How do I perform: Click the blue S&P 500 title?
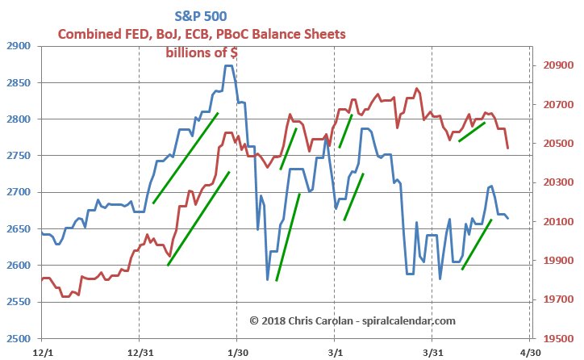tap(201, 15)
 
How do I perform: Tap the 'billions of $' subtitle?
tap(201, 53)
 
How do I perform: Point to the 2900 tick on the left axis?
tap(19, 47)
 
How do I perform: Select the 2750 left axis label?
tap(19, 156)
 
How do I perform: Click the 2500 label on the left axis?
tap(19, 338)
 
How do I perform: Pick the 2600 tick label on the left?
tap(19, 266)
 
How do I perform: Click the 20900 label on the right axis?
tap(555, 66)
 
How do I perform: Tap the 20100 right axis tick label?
tap(555, 222)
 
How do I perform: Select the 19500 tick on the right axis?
tap(555, 339)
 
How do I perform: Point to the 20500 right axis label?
tap(555, 144)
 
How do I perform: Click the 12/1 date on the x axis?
tap(43, 353)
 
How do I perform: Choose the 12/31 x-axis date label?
tap(140, 353)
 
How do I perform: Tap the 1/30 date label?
tap(237, 353)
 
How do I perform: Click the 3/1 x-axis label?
tap(335, 353)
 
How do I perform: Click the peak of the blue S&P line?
tap(229, 66)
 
